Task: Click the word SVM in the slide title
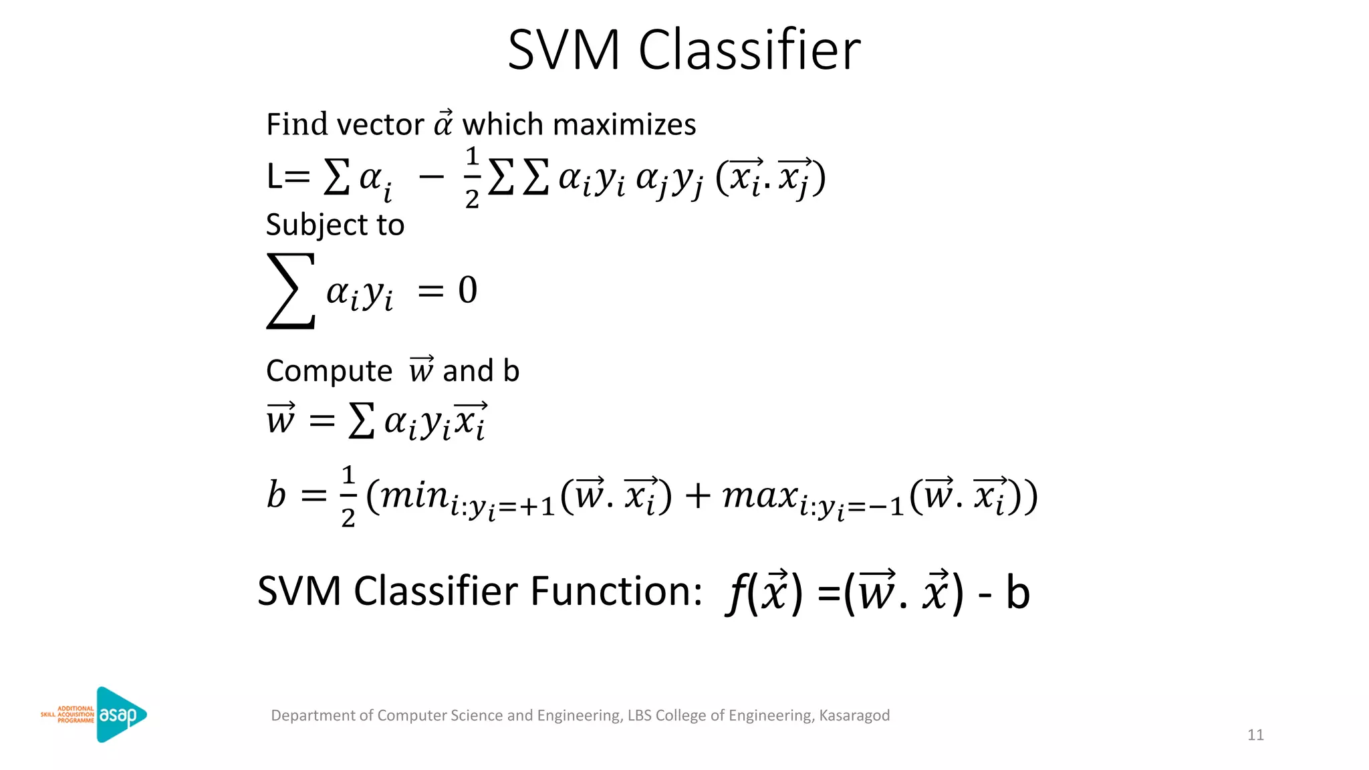point(564,50)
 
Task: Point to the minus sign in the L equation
point(431,177)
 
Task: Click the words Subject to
point(335,225)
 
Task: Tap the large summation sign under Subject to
point(291,291)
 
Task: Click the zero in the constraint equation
point(468,291)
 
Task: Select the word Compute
point(329,371)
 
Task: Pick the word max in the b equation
point(760,496)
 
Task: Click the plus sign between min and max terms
point(697,497)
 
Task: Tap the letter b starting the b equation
point(276,495)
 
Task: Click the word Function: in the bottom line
point(616,592)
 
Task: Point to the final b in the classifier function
point(1017,593)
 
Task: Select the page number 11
point(1255,735)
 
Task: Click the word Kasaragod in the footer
point(854,716)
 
